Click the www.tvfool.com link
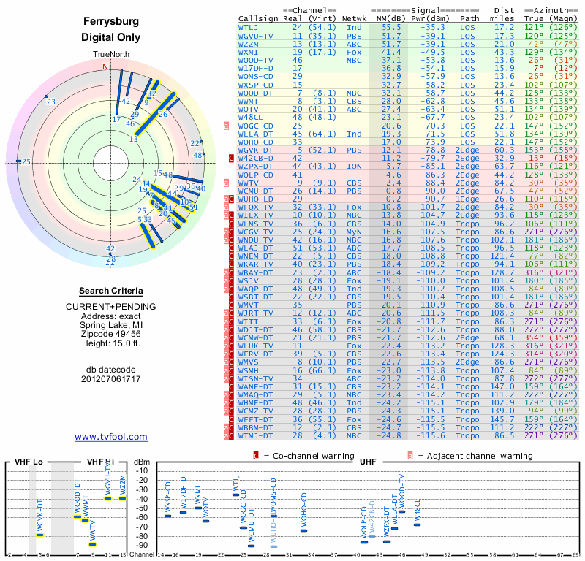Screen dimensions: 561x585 (110, 437)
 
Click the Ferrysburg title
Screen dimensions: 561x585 (110, 22)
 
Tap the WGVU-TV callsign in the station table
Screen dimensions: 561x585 (255, 35)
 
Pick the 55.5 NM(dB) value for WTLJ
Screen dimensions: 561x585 (391, 27)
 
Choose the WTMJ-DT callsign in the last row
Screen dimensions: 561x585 (255, 435)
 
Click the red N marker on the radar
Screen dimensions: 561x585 (105, 66)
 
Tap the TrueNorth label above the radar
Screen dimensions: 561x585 (110, 55)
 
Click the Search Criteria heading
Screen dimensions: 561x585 (110, 291)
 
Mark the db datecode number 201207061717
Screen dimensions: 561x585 (110, 379)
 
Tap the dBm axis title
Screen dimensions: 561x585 (141, 461)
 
